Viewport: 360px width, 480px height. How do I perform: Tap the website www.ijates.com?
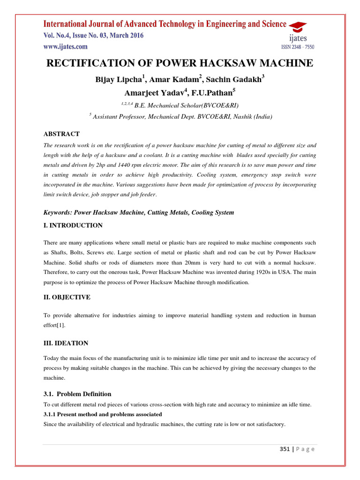tap(65, 46)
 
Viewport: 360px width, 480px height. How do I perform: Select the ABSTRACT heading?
tap(61, 134)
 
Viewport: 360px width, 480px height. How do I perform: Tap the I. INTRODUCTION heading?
tap(73, 225)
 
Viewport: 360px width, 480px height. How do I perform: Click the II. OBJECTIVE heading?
tap(67, 297)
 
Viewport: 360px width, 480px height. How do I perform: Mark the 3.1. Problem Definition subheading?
tap(77, 394)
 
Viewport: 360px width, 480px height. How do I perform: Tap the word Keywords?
tap(59, 213)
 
